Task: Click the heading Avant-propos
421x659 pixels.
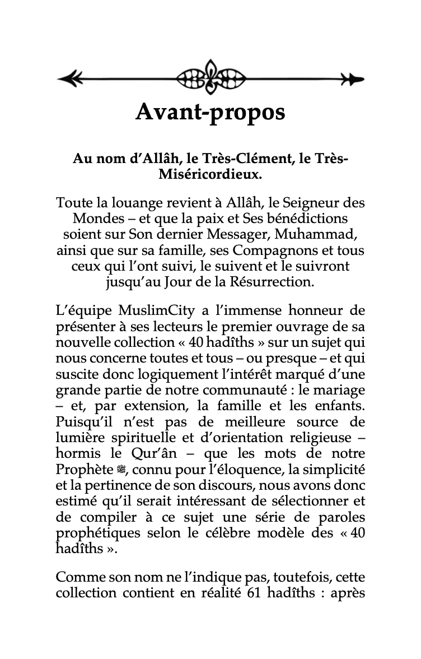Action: pyautogui.click(x=210, y=113)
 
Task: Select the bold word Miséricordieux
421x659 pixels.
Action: pyautogui.click(x=210, y=174)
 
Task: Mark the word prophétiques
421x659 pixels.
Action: pyautogui.click(x=91, y=532)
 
